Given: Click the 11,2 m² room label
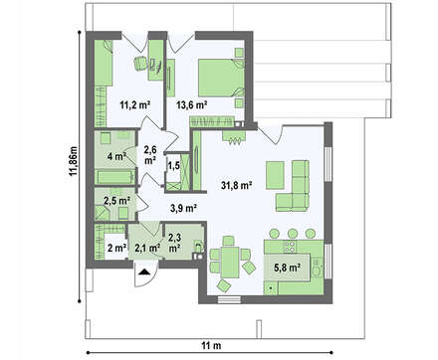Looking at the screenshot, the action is pyautogui.click(x=135, y=105).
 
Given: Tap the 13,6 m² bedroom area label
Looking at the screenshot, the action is pyautogui.click(x=192, y=105).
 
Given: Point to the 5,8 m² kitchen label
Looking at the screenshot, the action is pyautogui.click(x=288, y=268).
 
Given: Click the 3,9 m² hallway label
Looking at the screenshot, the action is pyautogui.click(x=184, y=208).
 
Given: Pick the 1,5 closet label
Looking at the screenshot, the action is pyautogui.click(x=173, y=165).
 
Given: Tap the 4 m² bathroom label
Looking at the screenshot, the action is pyautogui.click(x=116, y=156).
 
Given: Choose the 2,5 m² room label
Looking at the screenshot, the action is pyautogui.click(x=116, y=201).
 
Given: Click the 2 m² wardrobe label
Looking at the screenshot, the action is pyautogui.click(x=116, y=248).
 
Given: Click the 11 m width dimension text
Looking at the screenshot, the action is pyautogui.click(x=211, y=346).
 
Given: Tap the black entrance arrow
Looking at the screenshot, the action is pyautogui.click(x=144, y=272).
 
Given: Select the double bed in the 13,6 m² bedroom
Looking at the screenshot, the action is pyautogui.click(x=222, y=79).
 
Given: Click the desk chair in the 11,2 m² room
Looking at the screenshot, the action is pyautogui.click(x=140, y=63).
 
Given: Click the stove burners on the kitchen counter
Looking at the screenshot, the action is pyautogui.click(x=291, y=247).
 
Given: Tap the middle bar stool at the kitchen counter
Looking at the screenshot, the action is pyautogui.click(x=293, y=234).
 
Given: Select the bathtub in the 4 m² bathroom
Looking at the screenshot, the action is pyautogui.click(x=115, y=176).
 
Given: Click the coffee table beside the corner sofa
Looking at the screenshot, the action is pyautogui.click(x=275, y=175).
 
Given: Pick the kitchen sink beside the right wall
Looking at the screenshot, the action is pyautogui.click(x=317, y=268).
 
